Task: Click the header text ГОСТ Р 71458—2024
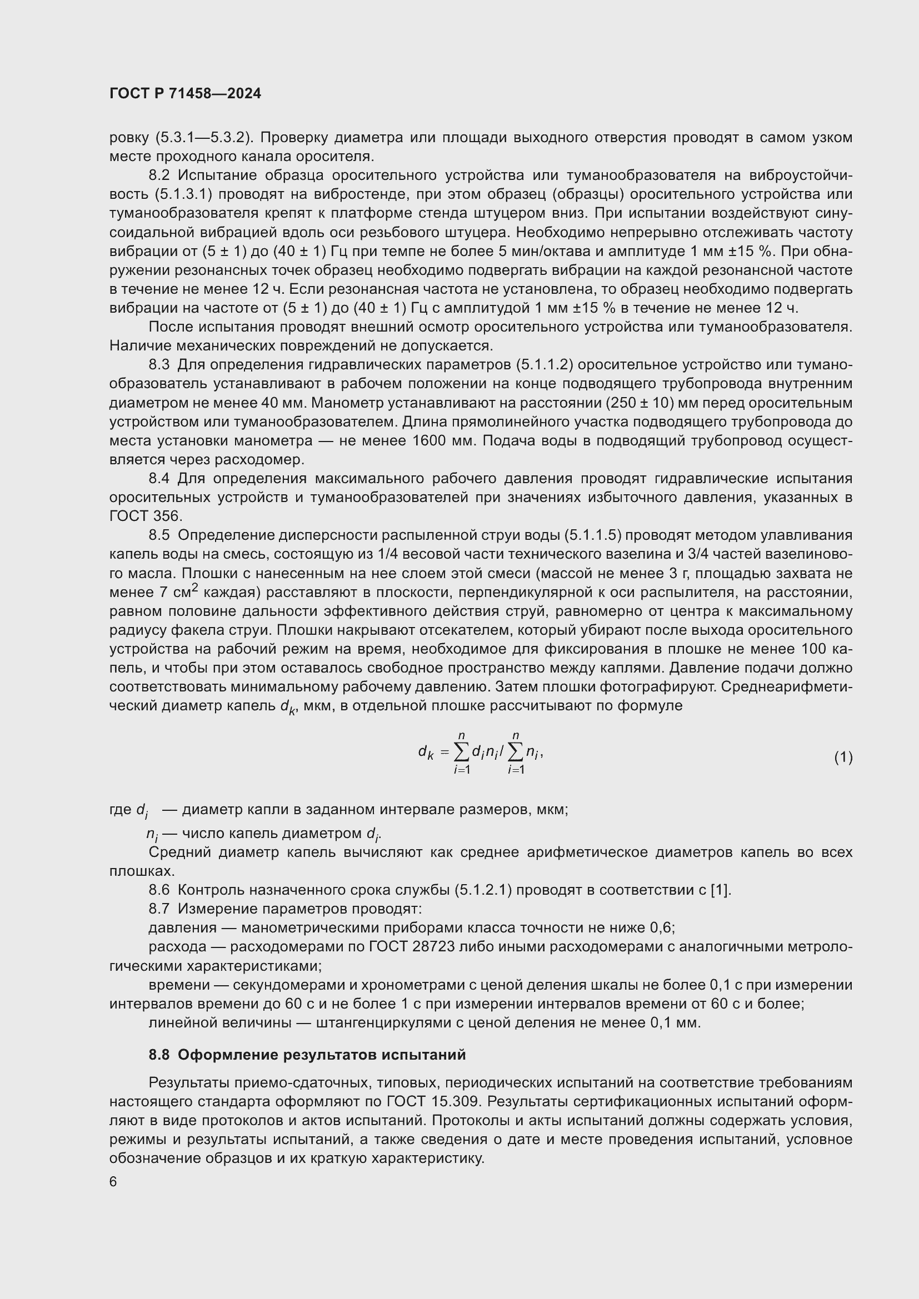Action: coord(185,94)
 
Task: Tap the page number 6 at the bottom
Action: coord(113,1182)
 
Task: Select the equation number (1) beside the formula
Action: coord(843,757)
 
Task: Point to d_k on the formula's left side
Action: coord(426,752)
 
